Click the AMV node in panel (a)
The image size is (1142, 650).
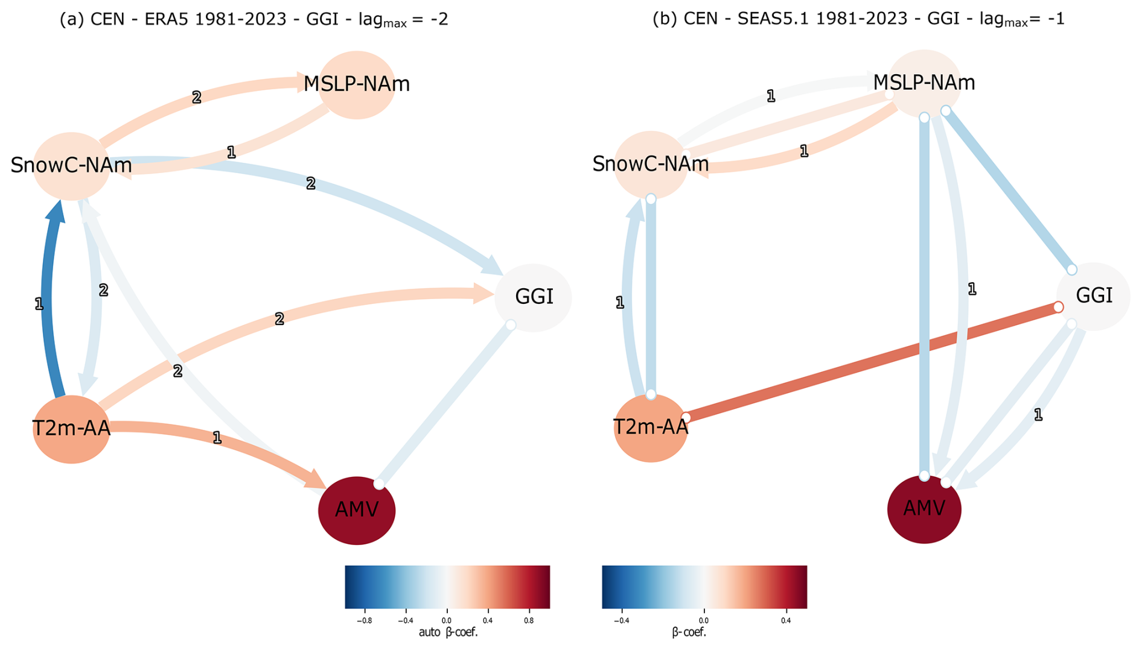(356, 510)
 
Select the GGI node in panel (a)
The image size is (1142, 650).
(533, 297)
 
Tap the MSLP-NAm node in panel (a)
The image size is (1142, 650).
(356, 84)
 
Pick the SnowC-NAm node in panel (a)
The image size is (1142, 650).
(71, 166)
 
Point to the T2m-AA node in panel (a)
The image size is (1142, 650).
(71, 429)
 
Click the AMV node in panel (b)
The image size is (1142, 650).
(923, 509)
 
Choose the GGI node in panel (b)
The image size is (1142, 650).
(1093, 295)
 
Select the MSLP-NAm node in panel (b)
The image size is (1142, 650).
(923, 83)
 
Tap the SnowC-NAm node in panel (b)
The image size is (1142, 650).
(650, 164)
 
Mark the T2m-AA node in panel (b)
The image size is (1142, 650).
(650, 428)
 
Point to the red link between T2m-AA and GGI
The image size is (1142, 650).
(872, 362)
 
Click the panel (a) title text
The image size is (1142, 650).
(254, 19)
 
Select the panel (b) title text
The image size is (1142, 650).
(858, 19)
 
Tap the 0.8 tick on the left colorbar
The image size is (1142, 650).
(529, 620)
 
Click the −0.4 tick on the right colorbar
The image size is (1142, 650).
(621, 620)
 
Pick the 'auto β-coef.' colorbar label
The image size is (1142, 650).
(448, 633)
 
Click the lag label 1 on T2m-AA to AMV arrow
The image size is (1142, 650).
(217, 438)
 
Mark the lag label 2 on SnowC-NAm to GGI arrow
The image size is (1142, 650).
(310, 183)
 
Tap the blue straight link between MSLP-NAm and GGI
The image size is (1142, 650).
(1008, 190)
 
